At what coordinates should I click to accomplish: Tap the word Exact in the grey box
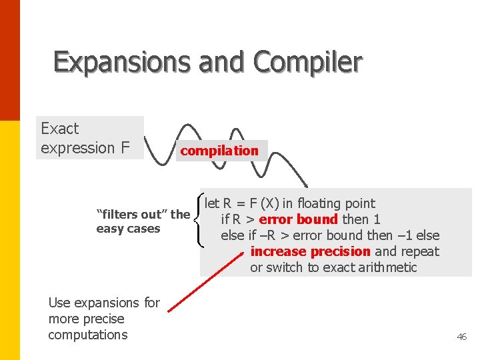60,129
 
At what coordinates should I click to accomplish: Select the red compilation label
219,151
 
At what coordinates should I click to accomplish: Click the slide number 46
461,337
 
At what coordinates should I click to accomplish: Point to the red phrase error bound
298,219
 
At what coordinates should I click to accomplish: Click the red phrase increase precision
310,251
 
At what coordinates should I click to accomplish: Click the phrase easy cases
128,229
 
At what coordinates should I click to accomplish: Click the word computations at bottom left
87,335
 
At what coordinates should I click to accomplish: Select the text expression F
85,148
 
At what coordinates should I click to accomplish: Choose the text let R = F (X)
242,203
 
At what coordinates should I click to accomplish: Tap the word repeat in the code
420,251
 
